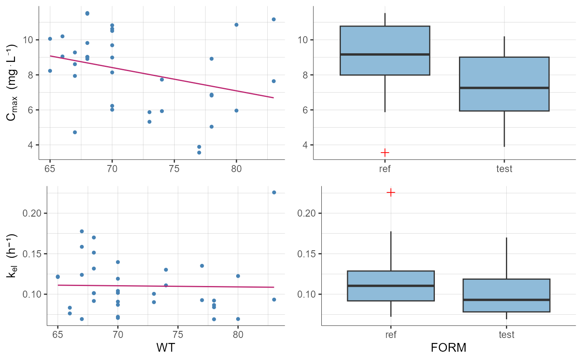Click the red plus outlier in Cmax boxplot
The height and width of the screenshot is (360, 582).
point(385,153)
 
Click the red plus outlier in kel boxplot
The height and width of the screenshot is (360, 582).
point(391,192)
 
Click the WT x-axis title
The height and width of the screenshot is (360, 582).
point(165,348)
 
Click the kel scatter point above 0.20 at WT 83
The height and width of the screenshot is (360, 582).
point(274,192)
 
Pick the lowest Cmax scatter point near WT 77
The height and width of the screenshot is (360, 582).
point(199,153)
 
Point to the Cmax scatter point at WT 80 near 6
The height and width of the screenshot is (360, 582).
point(237,111)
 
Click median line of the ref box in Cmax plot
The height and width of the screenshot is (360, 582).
point(385,54)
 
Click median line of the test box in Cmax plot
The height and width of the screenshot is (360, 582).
point(504,88)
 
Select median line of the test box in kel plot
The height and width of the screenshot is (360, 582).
point(506,300)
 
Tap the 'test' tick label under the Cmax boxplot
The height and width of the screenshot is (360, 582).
point(504,169)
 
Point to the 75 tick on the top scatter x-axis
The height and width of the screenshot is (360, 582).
point(174,169)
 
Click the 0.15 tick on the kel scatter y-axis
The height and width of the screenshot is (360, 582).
point(38,254)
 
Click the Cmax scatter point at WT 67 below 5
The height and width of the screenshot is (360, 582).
point(75,132)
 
